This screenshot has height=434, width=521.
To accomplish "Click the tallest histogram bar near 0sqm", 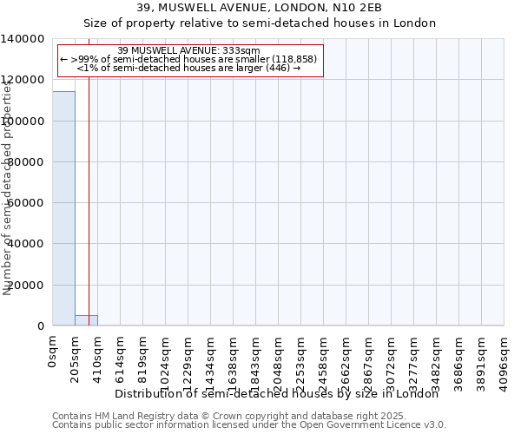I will click(x=63, y=208).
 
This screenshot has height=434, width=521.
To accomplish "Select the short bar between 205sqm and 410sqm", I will click(x=86, y=320).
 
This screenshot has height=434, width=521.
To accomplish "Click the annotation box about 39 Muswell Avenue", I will click(x=188, y=59).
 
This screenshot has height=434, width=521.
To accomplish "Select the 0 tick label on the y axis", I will click(x=42, y=326).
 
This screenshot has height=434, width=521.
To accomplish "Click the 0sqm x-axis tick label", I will click(x=53, y=351).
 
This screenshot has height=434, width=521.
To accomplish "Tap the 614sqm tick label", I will click(x=121, y=356).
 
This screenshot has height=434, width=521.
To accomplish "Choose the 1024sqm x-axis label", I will click(x=166, y=359).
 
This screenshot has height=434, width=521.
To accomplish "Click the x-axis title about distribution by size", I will click(x=277, y=394).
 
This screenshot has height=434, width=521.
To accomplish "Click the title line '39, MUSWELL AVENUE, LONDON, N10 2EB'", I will click(x=260, y=8).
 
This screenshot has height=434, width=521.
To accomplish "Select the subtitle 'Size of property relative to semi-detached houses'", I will click(x=260, y=23).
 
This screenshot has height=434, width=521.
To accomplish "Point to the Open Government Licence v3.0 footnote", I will click(x=248, y=425).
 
